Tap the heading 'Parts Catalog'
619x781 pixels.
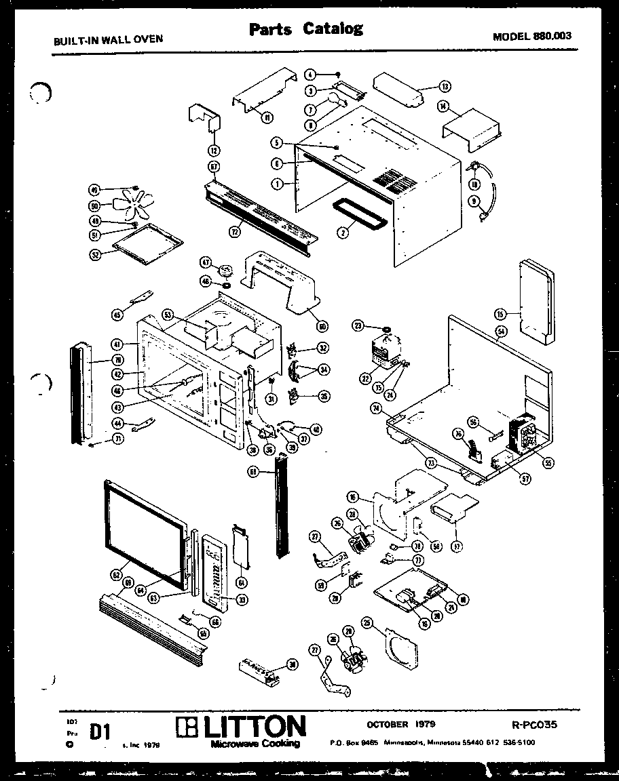(x=305, y=28)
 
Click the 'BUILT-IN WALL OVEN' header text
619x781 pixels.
(x=109, y=39)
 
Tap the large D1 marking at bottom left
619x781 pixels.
(x=100, y=733)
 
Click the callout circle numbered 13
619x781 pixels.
(x=445, y=87)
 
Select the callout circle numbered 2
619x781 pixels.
(x=343, y=232)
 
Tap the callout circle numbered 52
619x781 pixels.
(x=95, y=256)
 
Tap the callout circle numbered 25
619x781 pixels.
(x=367, y=622)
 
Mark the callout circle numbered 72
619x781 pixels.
(x=235, y=232)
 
